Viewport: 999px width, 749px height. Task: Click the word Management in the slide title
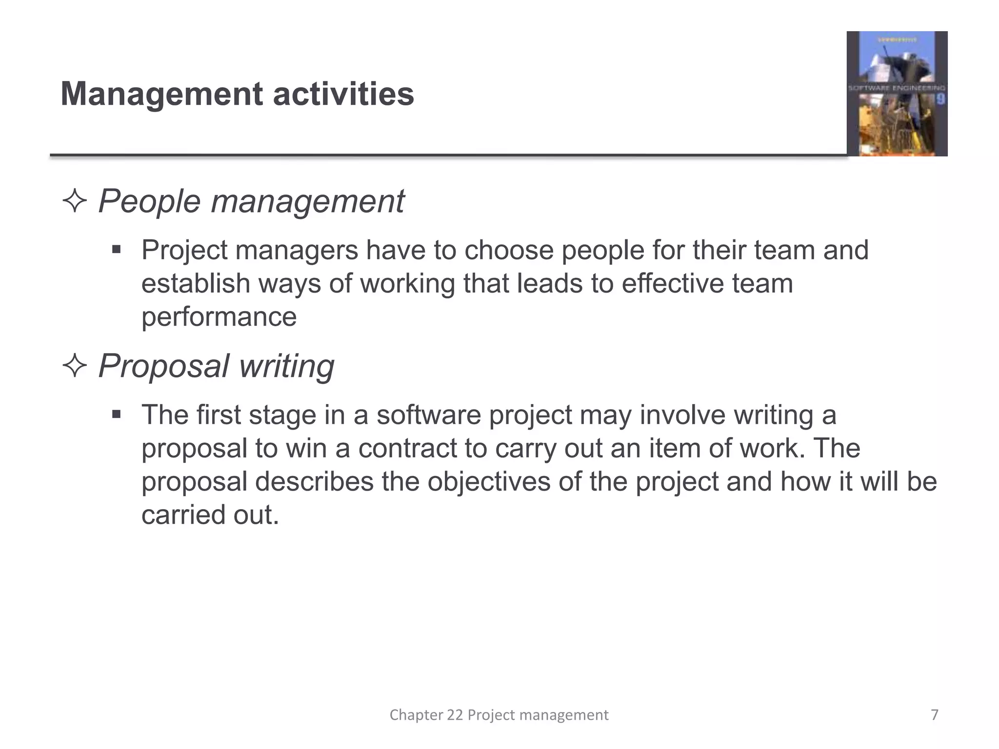(x=161, y=94)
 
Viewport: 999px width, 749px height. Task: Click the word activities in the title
(x=343, y=94)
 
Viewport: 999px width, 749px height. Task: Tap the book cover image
(x=897, y=94)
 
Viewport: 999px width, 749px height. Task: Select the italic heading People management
(x=251, y=201)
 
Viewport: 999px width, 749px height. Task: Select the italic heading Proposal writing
(x=216, y=366)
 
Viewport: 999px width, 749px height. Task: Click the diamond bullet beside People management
(x=75, y=201)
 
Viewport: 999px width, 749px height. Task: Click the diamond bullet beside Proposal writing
(x=75, y=366)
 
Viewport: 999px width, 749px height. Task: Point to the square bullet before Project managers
(x=116, y=250)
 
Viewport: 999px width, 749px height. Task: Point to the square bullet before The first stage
(x=116, y=415)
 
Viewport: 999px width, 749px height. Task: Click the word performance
(x=219, y=317)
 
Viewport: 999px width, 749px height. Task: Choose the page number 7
(x=934, y=715)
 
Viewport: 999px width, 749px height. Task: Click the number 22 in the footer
(x=455, y=715)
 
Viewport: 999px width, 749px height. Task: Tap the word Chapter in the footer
(x=416, y=715)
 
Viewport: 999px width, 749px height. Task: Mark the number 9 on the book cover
(x=940, y=100)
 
